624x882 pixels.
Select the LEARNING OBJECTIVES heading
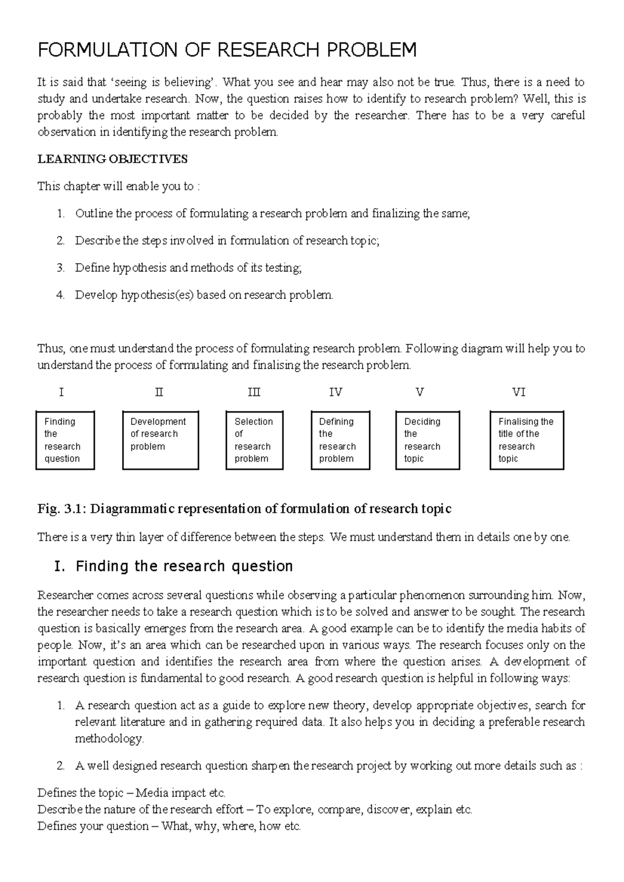tap(112, 159)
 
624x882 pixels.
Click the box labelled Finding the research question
tap(65, 440)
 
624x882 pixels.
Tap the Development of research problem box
tap(160, 440)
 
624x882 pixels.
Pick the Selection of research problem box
tap(254, 440)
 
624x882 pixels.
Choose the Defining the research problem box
tap(340, 440)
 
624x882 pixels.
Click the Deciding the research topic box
tap(427, 440)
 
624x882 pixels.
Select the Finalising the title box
tap(526, 440)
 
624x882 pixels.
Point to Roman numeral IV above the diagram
tap(335, 392)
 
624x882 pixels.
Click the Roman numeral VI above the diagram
tap(518, 392)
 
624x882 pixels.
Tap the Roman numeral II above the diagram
tap(159, 392)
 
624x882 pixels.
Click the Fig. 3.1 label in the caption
tap(61, 509)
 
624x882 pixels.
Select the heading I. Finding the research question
tap(174, 566)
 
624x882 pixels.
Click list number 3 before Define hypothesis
tap(60, 268)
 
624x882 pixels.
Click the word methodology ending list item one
tap(109, 738)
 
